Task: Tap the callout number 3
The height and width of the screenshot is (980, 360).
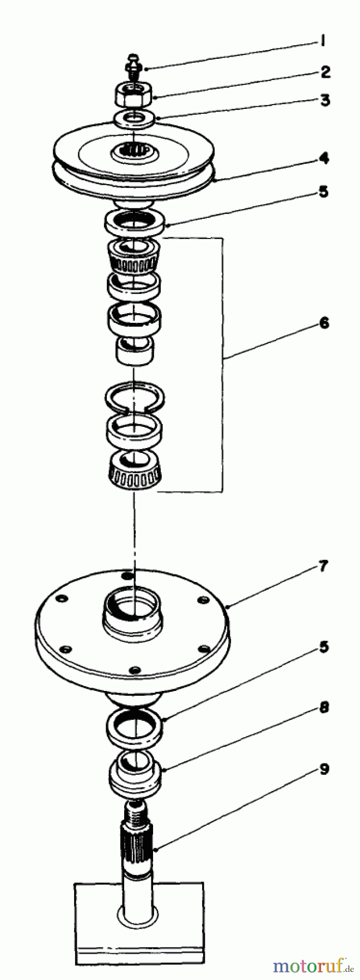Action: click(x=325, y=101)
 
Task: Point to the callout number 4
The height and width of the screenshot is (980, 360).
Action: click(x=325, y=159)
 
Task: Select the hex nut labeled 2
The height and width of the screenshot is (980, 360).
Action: click(x=133, y=95)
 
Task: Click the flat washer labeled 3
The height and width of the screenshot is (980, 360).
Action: click(x=134, y=118)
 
